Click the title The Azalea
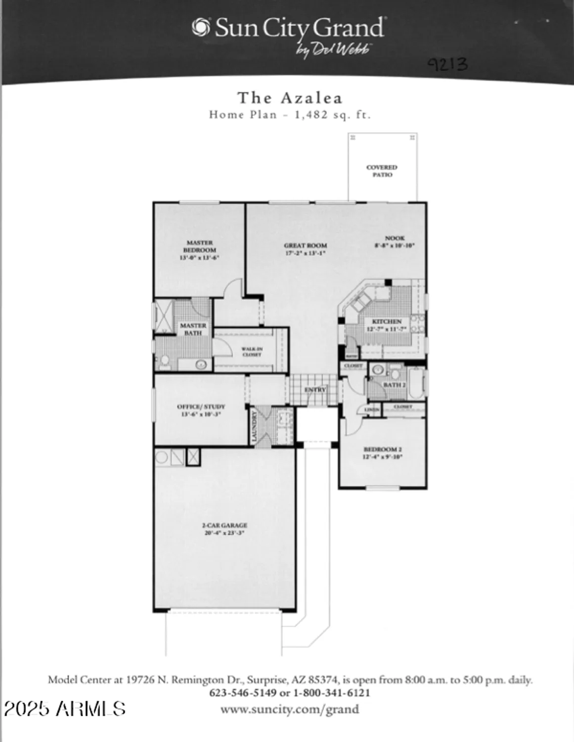[x=290, y=98]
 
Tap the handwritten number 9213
[x=447, y=64]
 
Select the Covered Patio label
[x=382, y=171]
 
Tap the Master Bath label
[x=193, y=329]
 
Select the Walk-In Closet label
[x=252, y=352]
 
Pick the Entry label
[x=315, y=390]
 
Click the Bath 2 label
[x=395, y=385]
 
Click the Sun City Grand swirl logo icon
[x=201, y=27]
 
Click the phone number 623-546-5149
[x=243, y=693]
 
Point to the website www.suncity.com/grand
[x=289, y=709]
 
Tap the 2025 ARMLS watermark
[x=64, y=709]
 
